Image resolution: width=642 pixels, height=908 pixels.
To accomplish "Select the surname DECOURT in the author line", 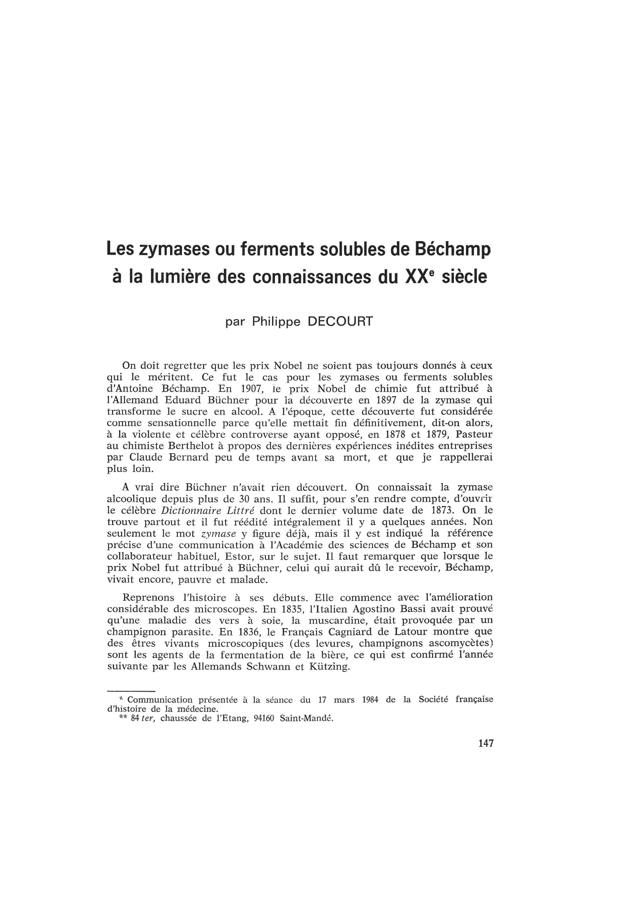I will point(340,322).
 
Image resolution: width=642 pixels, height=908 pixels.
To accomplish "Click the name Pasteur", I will point(474,434).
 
